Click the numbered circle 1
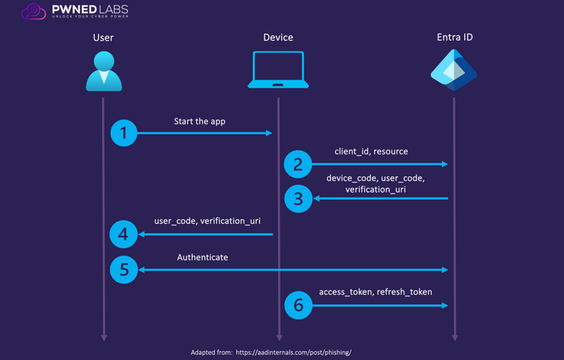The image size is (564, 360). point(123,133)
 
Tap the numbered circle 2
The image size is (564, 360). point(298,164)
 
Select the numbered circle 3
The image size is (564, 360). point(298,198)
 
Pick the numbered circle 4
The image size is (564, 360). point(123,234)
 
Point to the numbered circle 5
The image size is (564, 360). point(123,270)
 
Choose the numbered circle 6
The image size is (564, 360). point(298,305)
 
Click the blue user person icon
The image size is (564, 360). point(104,71)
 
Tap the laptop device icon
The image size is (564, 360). point(278,70)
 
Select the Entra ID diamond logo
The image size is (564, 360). point(454,70)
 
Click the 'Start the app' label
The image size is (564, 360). point(200,122)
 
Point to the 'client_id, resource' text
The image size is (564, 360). point(371,151)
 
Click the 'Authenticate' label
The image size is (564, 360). point(202,257)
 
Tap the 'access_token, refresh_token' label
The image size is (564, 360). point(375,292)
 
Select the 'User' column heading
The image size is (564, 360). point(104,37)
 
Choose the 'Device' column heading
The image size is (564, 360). point(278,37)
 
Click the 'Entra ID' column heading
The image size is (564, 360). point(455,37)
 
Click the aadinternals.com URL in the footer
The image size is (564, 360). point(293,353)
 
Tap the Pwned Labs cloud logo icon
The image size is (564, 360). point(33,11)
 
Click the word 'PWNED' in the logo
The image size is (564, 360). point(73,9)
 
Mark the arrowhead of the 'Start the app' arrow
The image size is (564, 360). point(268,133)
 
